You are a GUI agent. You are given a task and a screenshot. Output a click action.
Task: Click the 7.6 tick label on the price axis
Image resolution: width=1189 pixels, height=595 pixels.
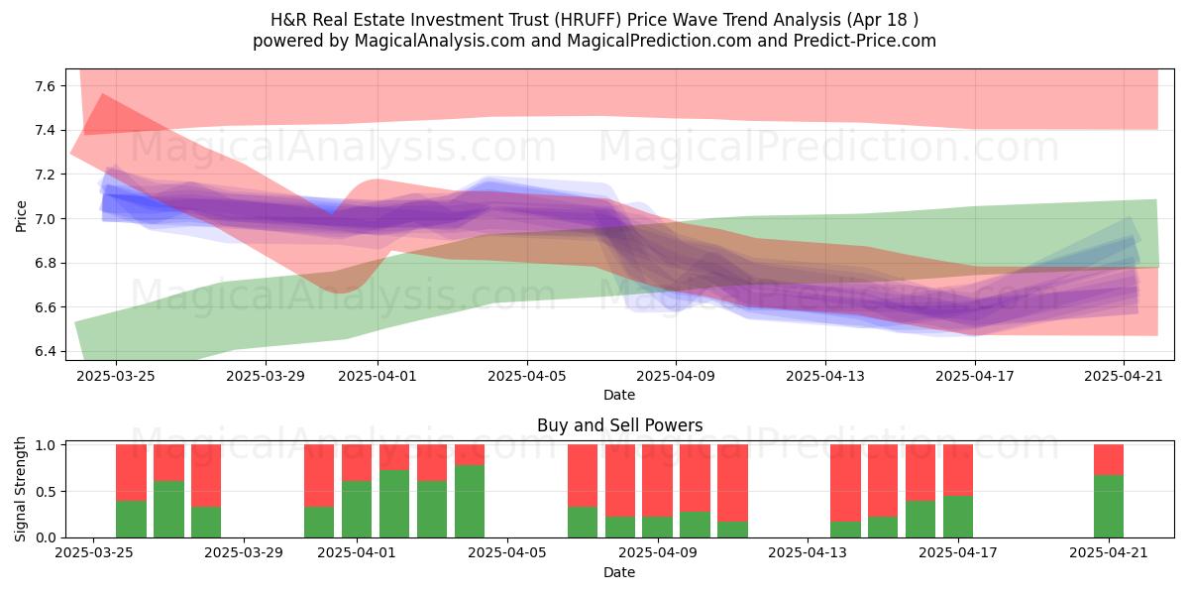click(x=46, y=86)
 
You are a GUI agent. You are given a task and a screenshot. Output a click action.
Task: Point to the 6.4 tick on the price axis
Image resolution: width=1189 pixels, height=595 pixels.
click(x=46, y=352)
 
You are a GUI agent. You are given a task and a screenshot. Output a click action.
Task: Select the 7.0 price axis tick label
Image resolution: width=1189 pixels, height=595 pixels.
click(x=46, y=219)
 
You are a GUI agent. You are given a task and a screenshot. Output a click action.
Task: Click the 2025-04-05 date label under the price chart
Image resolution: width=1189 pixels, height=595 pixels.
click(x=527, y=376)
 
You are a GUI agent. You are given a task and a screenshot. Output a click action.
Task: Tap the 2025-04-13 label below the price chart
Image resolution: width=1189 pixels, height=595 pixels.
click(x=825, y=376)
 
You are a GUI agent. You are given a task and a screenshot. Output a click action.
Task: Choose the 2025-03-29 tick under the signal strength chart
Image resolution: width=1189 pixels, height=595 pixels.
click(x=244, y=553)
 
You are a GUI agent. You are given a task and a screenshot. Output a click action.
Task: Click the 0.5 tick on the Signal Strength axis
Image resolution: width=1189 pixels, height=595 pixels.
click(x=46, y=492)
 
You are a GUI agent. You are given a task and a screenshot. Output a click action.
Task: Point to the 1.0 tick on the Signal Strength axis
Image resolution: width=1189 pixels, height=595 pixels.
click(x=46, y=445)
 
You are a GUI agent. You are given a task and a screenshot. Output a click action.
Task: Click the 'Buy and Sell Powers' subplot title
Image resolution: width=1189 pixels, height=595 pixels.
click(x=619, y=425)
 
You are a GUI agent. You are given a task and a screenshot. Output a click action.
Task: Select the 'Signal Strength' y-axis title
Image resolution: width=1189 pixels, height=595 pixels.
click(x=20, y=489)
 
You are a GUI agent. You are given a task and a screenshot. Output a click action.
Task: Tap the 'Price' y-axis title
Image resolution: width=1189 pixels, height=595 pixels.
click(x=21, y=216)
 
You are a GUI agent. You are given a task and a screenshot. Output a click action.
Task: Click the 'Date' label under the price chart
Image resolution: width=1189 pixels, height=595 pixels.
click(x=619, y=395)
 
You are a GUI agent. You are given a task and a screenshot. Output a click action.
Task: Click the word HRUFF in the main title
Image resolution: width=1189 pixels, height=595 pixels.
click(x=589, y=20)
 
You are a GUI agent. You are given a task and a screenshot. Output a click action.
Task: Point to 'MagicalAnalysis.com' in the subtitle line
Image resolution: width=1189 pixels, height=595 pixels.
click(x=440, y=41)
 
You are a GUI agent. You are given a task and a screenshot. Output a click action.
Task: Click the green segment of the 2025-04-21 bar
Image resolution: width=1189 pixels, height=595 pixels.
click(x=1109, y=507)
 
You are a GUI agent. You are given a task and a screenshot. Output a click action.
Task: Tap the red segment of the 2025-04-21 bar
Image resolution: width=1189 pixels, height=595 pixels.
click(x=1109, y=460)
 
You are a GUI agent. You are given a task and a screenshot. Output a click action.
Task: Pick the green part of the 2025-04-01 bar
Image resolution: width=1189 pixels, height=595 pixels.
click(x=357, y=510)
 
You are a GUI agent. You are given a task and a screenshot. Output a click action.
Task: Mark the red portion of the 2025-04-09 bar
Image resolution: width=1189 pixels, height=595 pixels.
click(x=657, y=481)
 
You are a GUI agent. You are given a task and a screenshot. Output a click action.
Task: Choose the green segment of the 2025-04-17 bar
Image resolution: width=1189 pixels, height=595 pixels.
click(x=958, y=517)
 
